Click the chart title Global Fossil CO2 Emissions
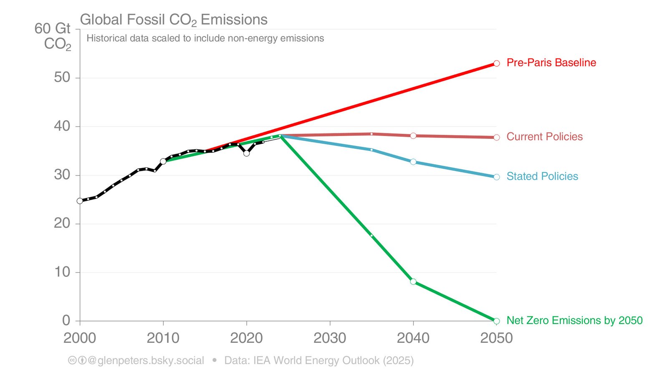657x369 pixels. tap(174, 20)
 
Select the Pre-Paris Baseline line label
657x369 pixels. tap(551, 63)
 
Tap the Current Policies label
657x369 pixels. tap(544, 137)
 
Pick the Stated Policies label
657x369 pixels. tap(542, 176)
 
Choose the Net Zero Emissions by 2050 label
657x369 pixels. tap(574, 320)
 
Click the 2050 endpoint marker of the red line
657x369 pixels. tap(496, 63)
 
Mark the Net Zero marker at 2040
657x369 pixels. tap(413, 281)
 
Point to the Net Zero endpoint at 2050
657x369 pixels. tap(496, 321)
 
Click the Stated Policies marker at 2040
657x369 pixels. tap(413, 162)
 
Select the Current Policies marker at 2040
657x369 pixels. tap(413, 136)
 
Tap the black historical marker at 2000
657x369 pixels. tap(80, 201)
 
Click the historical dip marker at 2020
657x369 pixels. tap(247, 153)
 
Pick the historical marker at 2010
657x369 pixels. tap(163, 161)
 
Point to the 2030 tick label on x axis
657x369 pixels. tap(330, 338)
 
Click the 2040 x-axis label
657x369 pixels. tap(413, 338)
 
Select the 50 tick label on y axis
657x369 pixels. tap(62, 78)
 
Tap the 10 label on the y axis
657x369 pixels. tap(62, 272)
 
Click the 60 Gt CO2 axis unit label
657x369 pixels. tap(53, 36)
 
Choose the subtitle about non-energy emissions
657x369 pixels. tap(205, 38)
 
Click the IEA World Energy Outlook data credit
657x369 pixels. tap(319, 360)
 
